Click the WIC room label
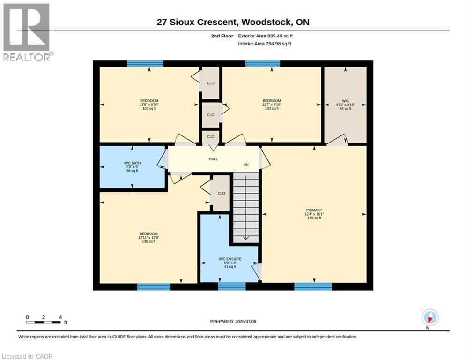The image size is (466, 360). point(345,101)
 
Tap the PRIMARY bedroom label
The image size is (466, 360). point(314,210)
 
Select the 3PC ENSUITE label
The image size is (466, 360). point(230,259)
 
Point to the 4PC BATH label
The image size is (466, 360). point(132,163)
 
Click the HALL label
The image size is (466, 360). point(213,159)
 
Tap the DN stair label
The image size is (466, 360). point(246,165)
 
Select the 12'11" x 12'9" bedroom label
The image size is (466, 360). point(148,237)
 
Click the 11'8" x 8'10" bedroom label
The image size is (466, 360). point(149,105)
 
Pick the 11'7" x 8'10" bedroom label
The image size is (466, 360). point(272,105)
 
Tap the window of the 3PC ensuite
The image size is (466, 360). point(232,286)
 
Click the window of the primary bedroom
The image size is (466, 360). point(313,286)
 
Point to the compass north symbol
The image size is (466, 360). point(430,318)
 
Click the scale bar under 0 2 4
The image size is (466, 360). point(44,322)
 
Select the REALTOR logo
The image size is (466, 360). point(28,32)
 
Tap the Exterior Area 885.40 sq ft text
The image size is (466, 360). point(266,36)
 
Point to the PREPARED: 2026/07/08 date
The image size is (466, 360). point(233,321)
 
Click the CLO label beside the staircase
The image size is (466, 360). point(222,193)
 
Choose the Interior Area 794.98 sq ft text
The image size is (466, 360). point(265,44)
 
